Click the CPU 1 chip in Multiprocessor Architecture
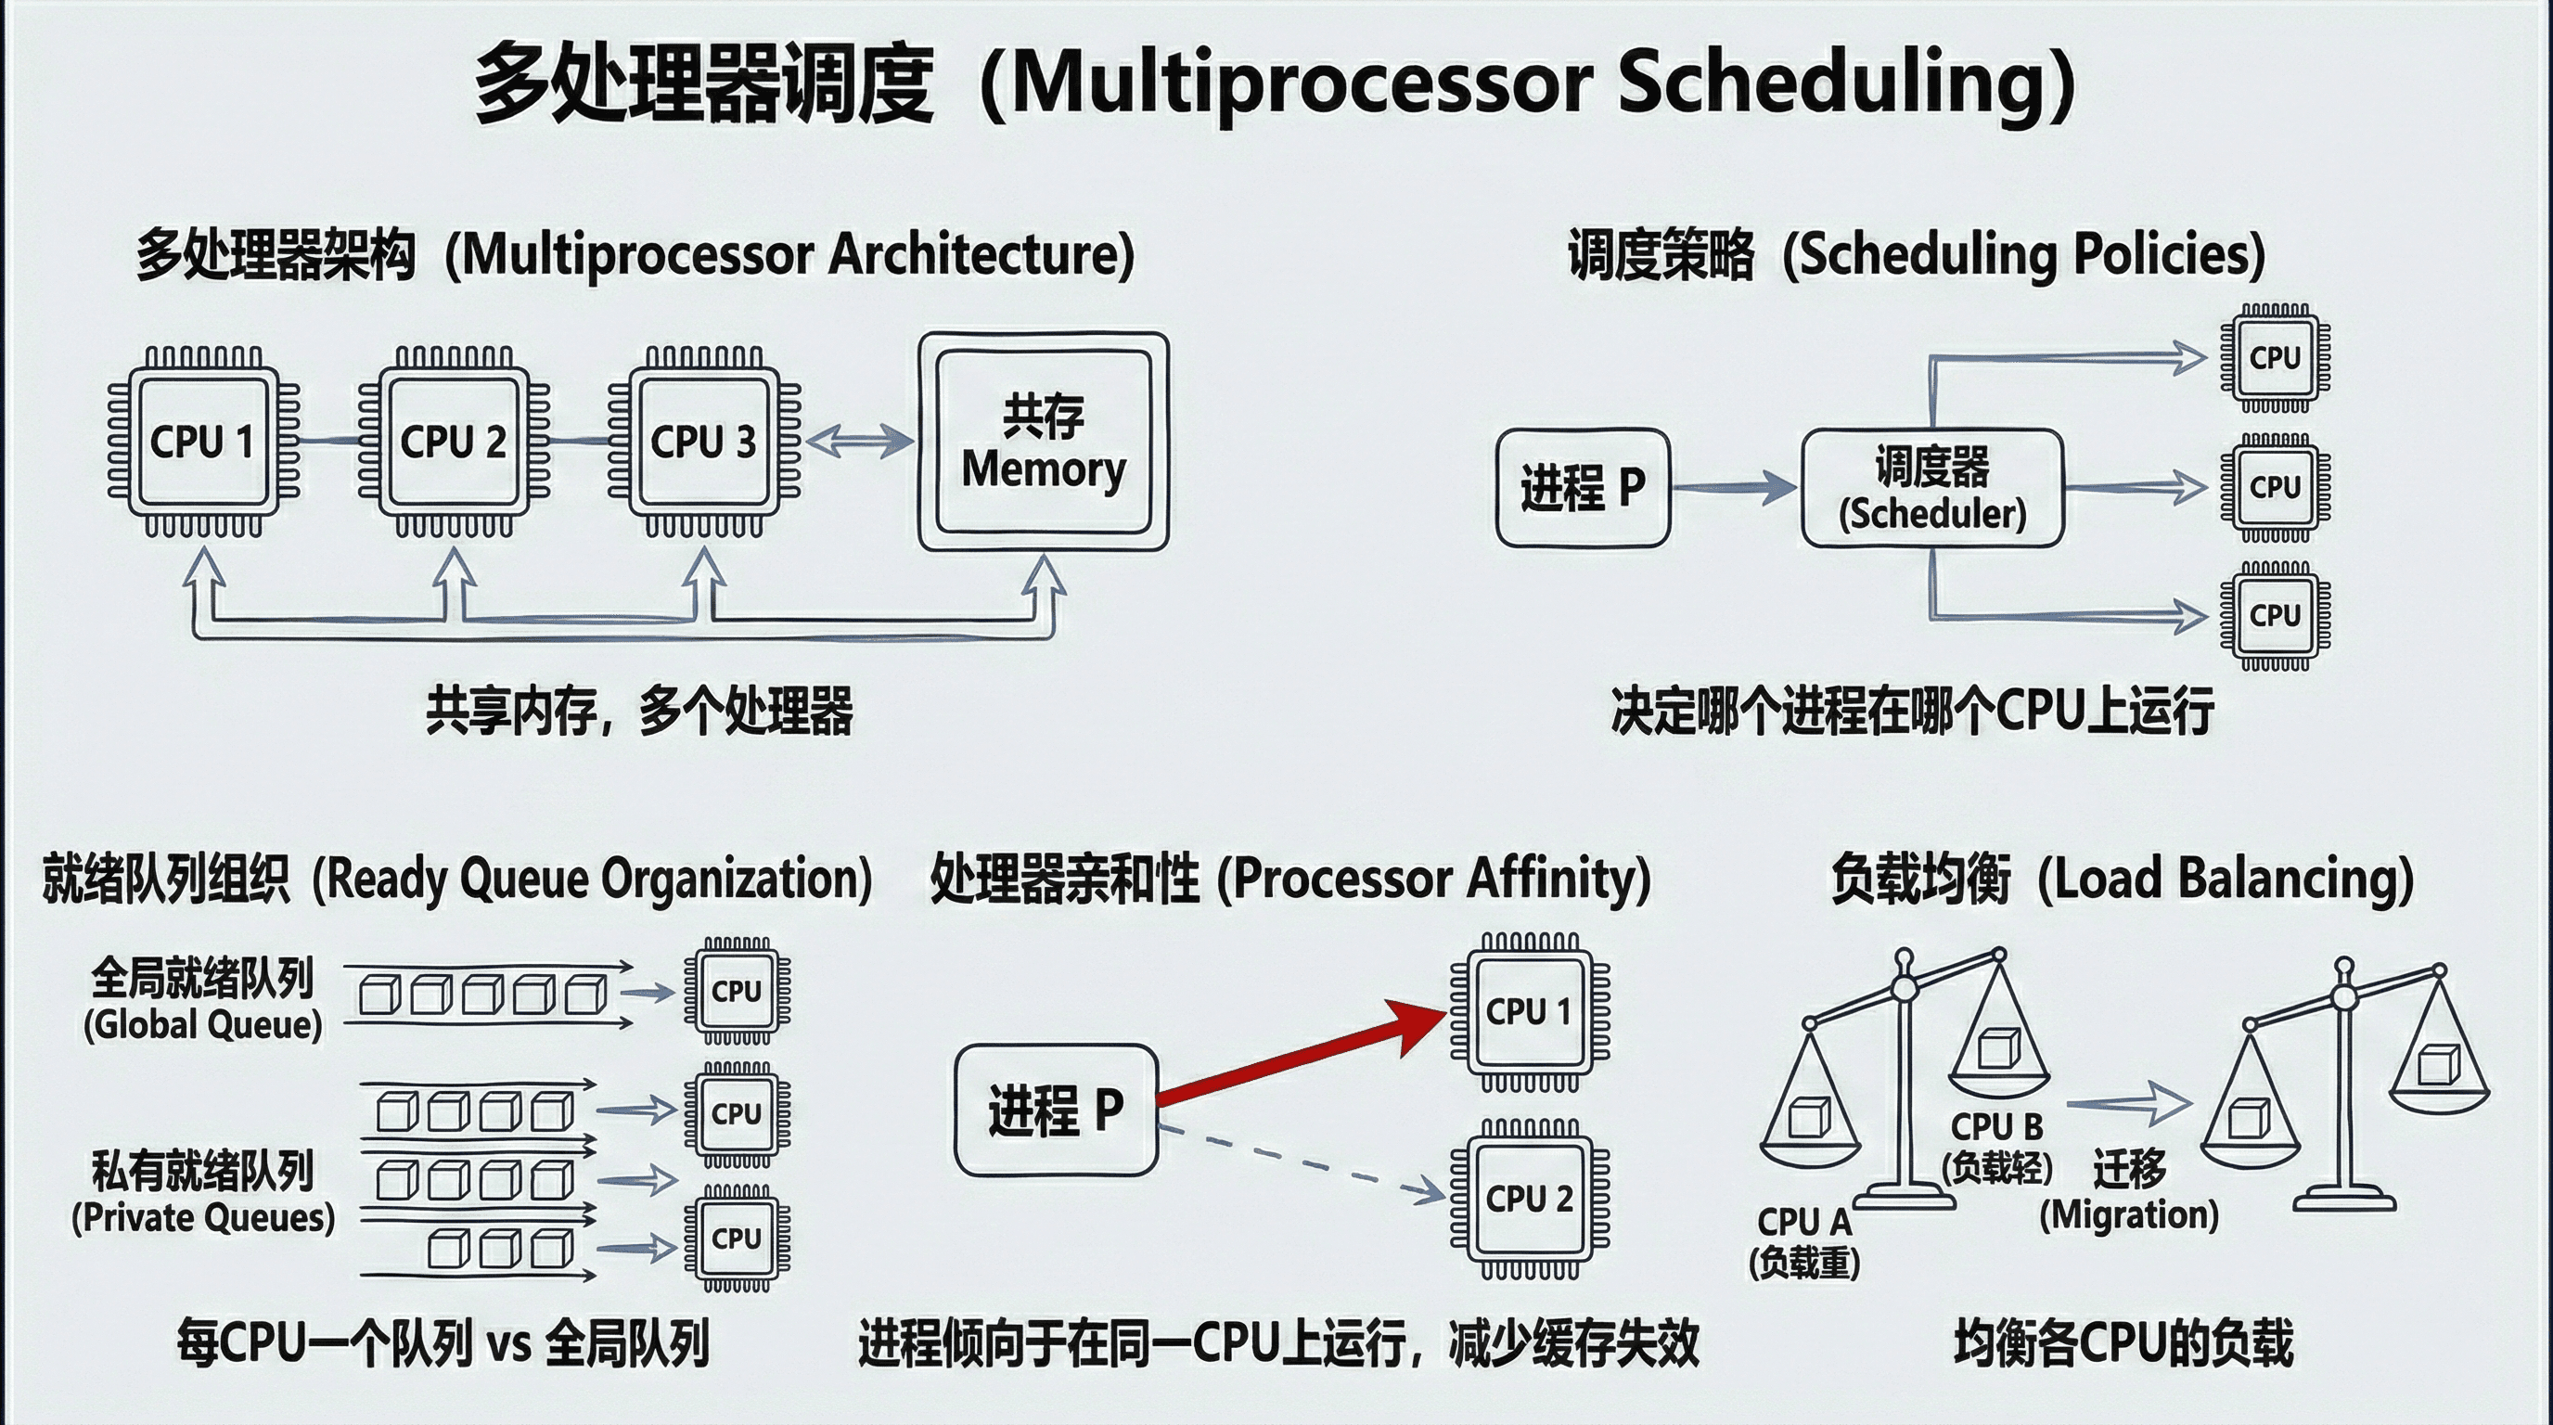(x=203, y=442)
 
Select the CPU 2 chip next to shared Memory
(x=453, y=442)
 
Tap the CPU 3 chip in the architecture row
(x=702, y=442)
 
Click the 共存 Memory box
(x=1044, y=442)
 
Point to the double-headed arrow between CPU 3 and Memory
(x=859, y=441)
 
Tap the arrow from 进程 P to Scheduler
(x=1735, y=486)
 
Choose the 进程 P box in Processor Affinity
(x=1056, y=1110)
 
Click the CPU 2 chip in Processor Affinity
(x=1529, y=1199)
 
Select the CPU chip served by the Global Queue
(x=737, y=991)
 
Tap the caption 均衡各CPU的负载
(x=2123, y=1343)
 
